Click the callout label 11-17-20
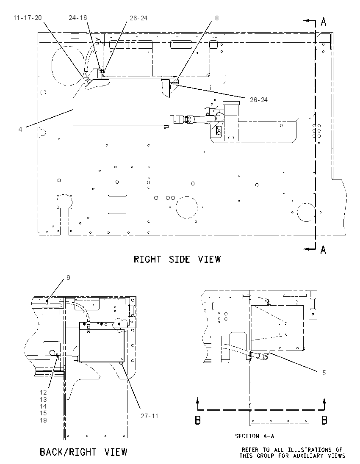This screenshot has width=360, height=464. pos(28,18)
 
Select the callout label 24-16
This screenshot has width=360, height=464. pos(78,18)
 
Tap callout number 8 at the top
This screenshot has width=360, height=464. pos(217,18)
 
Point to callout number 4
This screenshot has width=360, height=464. pos(20,129)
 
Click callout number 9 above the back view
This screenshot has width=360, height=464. pos(68,278)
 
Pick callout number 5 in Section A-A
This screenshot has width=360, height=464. pos(324,373)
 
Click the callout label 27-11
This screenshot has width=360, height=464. pos(150,416)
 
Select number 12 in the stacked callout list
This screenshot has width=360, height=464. pos(43,392)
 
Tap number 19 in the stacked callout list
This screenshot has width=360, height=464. pos(43,420)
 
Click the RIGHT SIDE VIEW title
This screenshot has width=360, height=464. pos(177,259)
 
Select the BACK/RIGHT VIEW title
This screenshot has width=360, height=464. pos(83,452)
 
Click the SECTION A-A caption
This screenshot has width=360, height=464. pos(255,436)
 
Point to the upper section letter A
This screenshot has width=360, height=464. pos(324,22)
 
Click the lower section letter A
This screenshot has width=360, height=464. pos(323,250)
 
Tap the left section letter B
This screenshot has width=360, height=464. pos(198,420)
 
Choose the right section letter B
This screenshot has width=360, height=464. pos(324,420)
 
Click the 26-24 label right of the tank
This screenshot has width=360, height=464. pos(259,100)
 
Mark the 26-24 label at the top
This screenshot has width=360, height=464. pos(138,18)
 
